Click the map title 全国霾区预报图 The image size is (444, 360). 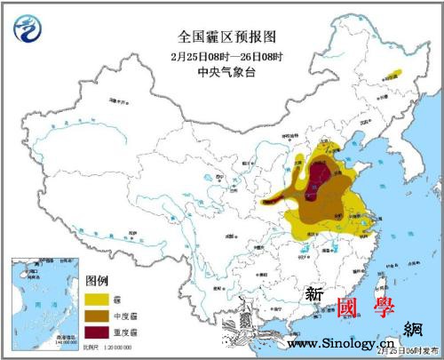tap(221, 36)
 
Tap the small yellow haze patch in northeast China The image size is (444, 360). tap(389, 76)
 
